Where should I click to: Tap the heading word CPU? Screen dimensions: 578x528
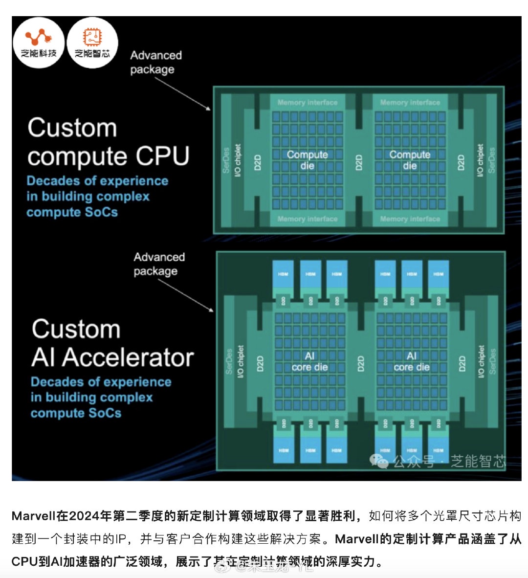tap(163, 156)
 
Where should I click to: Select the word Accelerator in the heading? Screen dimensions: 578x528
tap(128, 357)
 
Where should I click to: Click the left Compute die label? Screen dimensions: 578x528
tap(307, 160)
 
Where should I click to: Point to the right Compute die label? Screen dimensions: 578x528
tap(410, 160)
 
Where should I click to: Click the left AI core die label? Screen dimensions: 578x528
tap(309, 361)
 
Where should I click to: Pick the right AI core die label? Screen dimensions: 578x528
tap(412, 361)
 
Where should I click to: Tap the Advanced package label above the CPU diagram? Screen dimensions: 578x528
tap(155, 62)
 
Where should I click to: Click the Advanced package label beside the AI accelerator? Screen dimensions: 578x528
tap(159, 264)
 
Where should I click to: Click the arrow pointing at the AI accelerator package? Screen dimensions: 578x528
tap(186, 295)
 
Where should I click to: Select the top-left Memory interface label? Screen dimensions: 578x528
tap(308, 103)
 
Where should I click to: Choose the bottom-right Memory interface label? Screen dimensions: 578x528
tap(410, 219)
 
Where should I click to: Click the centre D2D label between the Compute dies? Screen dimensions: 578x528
tap(359, 162)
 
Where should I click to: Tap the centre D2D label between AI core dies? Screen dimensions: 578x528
tap(361, 364)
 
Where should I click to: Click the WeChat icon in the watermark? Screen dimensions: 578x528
tap(379, 460)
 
